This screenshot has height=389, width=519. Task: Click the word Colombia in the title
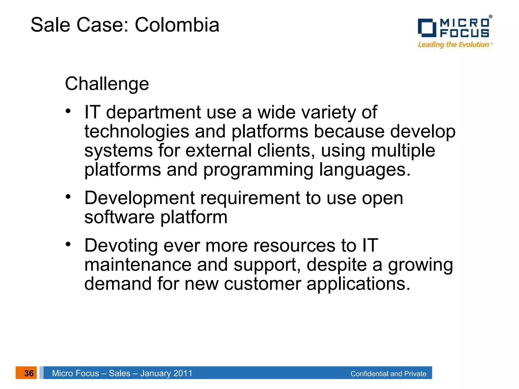[x=177, y=25]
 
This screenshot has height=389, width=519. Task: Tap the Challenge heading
[x=107, y=84]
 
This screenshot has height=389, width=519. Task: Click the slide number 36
[x=29, y=373]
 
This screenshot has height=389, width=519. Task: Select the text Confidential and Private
[x=388, y=374]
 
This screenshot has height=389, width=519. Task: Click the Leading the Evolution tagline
[x=454, y=45]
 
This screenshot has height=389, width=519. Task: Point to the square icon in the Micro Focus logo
[x=427, y=28]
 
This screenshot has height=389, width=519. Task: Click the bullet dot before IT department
[x=68, y=111]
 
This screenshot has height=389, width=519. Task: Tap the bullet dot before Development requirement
[x=68, y=197]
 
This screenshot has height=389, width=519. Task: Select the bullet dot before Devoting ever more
[x=68, y=244]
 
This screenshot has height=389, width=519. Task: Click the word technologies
[x=137, y=132]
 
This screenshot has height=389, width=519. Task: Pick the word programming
[x=258, y=170]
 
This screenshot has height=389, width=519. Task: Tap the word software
[x=119, y=217]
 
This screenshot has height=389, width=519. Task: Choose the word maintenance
[x=138, y=265]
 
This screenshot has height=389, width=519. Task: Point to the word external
[x=218, y=151]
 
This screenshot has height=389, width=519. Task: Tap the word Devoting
[x=121, y=246]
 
